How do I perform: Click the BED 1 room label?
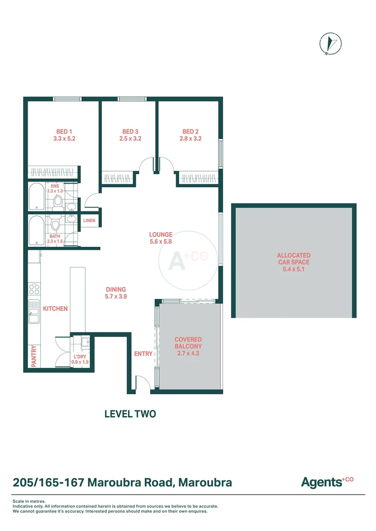[x=64, y=131]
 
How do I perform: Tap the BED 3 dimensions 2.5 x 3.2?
[x=130, y=139]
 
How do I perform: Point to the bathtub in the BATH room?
[x=36, y=231]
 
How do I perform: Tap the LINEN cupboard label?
[x=89, y=221]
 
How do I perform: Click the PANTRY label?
[x=34, y=356]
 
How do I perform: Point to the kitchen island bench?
[x=78, y=300]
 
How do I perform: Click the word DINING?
[x=116, y=290]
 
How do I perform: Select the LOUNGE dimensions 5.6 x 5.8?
[x=160, y=242]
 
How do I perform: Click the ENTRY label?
[x=143, y=354]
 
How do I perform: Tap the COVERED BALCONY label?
[x=188, y=343]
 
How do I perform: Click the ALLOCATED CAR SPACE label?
[x=294, y=259]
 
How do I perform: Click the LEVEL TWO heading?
[x=130, y=414]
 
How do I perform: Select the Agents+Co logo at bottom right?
[x=327, y=482]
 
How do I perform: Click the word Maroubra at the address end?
[x=205, y=482]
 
